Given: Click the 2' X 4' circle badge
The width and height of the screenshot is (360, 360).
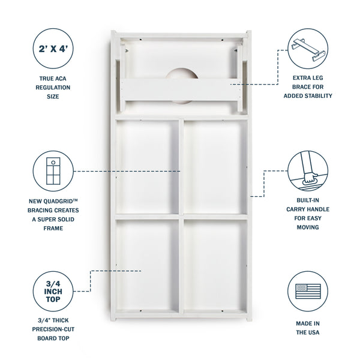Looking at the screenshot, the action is pyautogui.click(x=53, y=49).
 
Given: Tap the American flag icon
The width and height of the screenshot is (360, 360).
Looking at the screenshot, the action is pyautogui.click(x=308, y=291).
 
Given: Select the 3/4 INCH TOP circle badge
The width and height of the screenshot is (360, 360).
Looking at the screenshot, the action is pyautogui.click(x=53, y=292).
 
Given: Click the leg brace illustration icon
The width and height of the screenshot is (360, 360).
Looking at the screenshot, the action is pyautogui.click(x=308, y=50).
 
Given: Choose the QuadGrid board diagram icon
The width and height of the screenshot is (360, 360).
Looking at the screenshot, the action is pyautogui.click(x=53, y=171).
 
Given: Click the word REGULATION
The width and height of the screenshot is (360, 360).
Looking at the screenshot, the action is pyautogui.click(x=53, y=88).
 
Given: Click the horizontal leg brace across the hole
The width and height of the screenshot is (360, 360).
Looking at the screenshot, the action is pyautogui.click(x=181, y=90).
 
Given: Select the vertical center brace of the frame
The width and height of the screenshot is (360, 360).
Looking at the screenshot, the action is pyautogui.click(x=181, y=216).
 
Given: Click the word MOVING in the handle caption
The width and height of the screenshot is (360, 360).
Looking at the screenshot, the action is pyautogui.click(x=308, y=227).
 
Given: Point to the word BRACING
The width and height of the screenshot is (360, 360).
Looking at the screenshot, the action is pyautogui.click(x=40, y=211).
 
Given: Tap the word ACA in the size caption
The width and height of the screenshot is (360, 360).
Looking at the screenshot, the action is pyautogui.click(x=61, y=79).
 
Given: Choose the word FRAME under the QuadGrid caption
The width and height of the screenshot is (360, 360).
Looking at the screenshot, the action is pyautogui.click(x=53, y=229).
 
